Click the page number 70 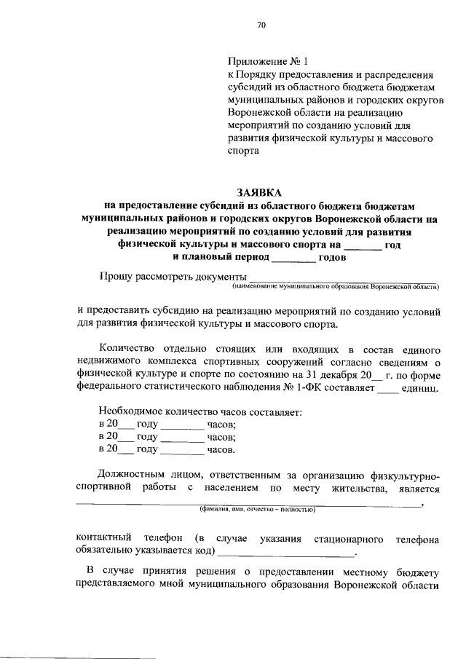[262, 25]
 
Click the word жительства [355, 490]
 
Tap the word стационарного [349, 540]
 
